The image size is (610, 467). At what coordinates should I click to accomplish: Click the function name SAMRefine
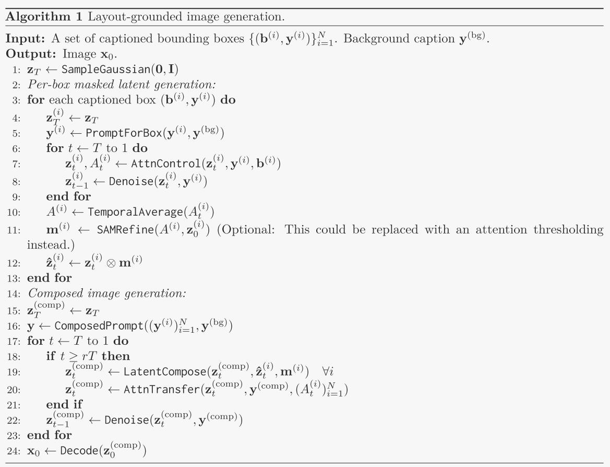(x=118, y=230)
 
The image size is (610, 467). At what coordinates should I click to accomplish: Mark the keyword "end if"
(x=63, y=405)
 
